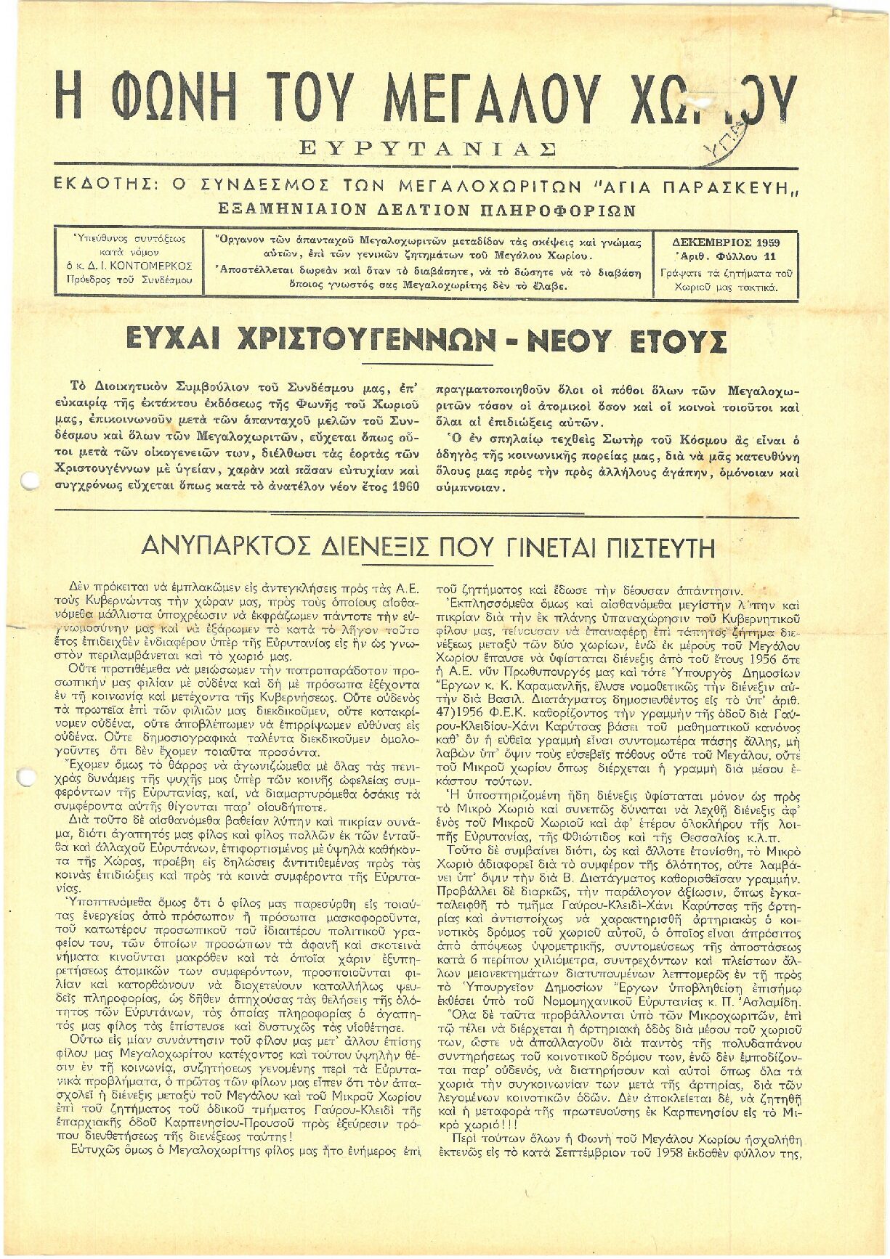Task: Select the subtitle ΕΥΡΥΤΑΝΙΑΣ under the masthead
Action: pos(428,149)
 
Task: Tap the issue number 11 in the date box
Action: pos(769,257)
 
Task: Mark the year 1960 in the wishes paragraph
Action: pos(405,486)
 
